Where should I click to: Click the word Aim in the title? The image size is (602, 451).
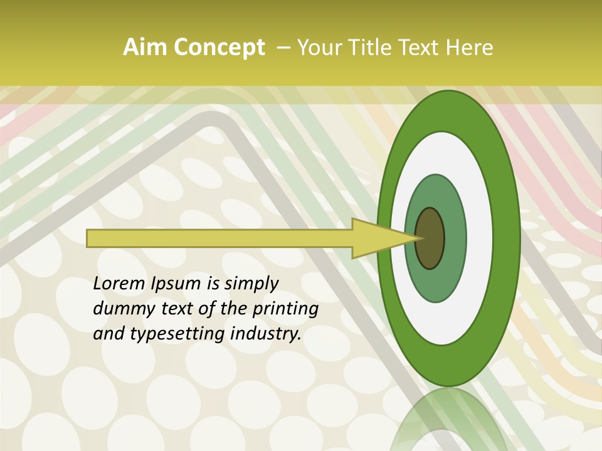[145, 48]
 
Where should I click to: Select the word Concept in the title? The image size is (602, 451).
[219, 48]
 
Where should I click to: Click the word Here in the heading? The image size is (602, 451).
[470, 48]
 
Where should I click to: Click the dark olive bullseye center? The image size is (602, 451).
[430, 239]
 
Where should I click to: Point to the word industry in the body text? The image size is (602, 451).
[265, 334]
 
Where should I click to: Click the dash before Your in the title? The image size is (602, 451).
[283, 48]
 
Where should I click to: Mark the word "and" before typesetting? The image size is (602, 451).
[108, 334]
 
